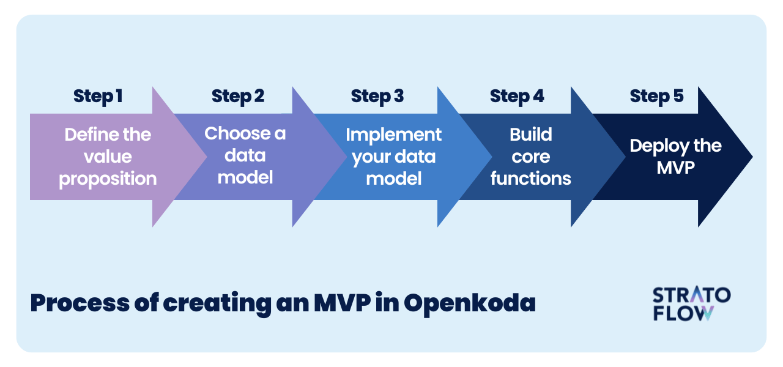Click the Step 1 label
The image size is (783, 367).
pos(98,96)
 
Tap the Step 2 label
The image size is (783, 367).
pos(238,96)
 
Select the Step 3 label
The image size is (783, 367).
pos(377,96)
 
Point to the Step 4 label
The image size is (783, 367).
pos(517,96)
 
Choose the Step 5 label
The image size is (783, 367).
pos(657,96)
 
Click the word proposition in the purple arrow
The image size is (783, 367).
pos(108,179)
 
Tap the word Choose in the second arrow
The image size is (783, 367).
pos(239,133)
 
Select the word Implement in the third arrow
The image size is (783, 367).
pos(393,136)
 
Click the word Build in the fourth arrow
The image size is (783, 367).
pos(530,134)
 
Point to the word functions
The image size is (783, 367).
pos(530,178)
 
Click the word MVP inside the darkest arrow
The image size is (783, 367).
pos(676,168)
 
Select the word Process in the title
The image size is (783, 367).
pos(80,303)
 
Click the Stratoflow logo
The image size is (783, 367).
pos(692,303)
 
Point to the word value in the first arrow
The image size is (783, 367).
pos(108,157)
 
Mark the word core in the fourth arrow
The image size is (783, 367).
pos(530,157)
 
